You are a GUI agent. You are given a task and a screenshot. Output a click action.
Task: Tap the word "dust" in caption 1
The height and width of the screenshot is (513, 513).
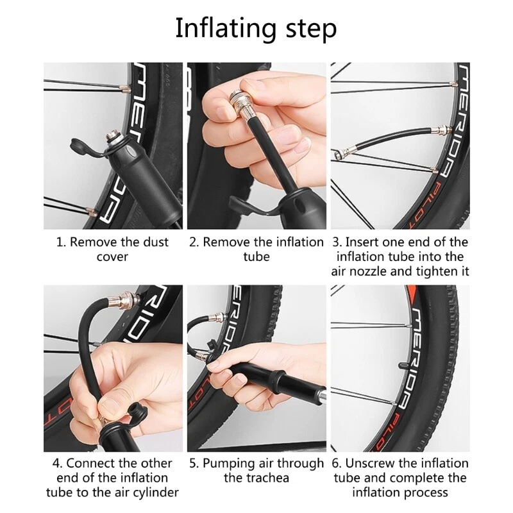pos(155,242)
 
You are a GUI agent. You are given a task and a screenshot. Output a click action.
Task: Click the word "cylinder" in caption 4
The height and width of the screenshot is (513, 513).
pos(157,492)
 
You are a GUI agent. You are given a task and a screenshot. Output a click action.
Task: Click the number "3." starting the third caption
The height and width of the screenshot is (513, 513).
pos(337,242)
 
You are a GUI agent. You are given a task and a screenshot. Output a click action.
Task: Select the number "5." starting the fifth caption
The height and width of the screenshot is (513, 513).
pos(194,464)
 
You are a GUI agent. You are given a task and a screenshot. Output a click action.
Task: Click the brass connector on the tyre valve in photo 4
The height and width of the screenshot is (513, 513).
pos(124,299)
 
